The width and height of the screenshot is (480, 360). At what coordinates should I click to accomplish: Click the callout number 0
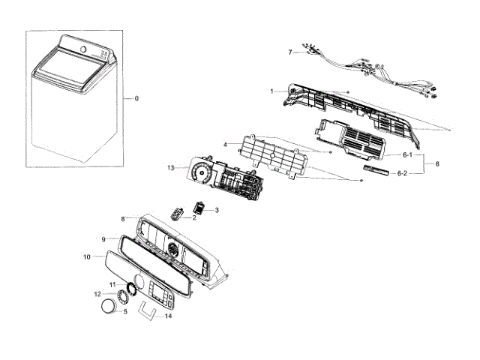(136, 99)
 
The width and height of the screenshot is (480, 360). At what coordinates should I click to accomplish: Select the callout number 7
(290, 52)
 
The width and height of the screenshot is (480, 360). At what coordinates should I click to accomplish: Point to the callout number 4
(225, 144)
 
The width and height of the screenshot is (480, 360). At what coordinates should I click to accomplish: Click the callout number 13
(171, 168)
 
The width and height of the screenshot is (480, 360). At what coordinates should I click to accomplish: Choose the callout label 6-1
(408, 155)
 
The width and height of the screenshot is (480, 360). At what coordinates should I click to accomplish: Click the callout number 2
(193, 217)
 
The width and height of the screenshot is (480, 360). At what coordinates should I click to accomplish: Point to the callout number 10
(86, 256)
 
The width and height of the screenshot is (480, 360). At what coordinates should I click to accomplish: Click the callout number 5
(125, 311)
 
